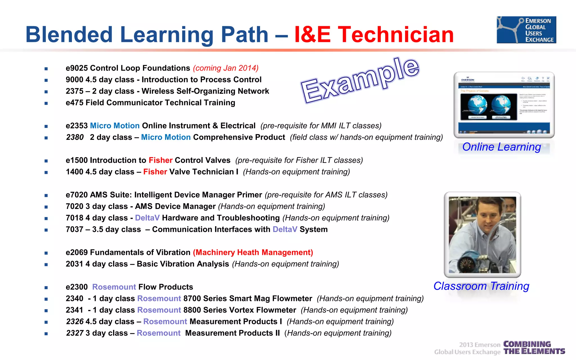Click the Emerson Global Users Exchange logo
pyautogui.click(x=526, y=30)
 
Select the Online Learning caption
pyautogui.click(x=501, y=147)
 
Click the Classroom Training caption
pyautogui.click(x=481, y=286)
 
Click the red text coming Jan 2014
pyautogui.click(x=226, y=68)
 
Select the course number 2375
pyautogui.click(x=75, y=91)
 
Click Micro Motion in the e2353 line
pyautogui.click(x=115, y=126)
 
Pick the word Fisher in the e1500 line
pyautogui.click(x=160, y=160)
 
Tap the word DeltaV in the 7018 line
pyautogui.click(x=147, y=218)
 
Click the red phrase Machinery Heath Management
pyautogui.click(x=253, y=253)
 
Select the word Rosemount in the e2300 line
pyautogui.click(x=114, y=287)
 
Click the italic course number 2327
pyautogui.click(x=75, y=333)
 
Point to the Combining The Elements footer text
pyautogui.click(x=534, y=348)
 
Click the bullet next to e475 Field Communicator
pyautogui.click(x=46, y=103)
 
